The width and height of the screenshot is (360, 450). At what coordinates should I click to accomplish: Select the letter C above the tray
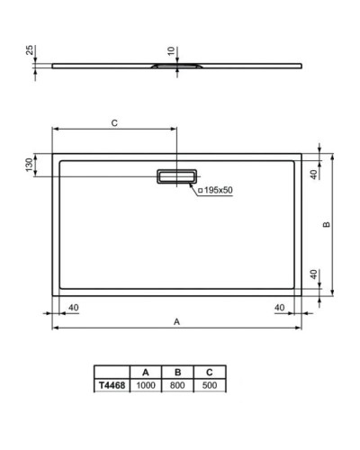[114, 121]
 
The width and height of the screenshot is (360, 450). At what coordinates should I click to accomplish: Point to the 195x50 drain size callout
[215, 190]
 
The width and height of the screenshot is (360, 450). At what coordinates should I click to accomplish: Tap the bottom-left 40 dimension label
[73, 307]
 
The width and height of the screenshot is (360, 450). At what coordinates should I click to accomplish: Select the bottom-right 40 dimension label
[279, 307]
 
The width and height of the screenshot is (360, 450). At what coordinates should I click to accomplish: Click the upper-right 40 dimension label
[313, 175]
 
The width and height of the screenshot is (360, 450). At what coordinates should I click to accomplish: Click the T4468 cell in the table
[111, 384]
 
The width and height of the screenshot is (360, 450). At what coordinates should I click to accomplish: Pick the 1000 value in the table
[145, 384]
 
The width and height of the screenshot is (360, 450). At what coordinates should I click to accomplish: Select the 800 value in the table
[177, 384]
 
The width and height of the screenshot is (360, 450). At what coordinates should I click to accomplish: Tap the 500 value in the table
[210, 384]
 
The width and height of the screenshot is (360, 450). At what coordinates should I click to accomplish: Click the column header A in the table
[145, 372]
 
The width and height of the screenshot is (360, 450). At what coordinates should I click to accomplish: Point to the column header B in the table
[177, 372]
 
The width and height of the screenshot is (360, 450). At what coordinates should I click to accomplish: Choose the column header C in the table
[210, 372]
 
